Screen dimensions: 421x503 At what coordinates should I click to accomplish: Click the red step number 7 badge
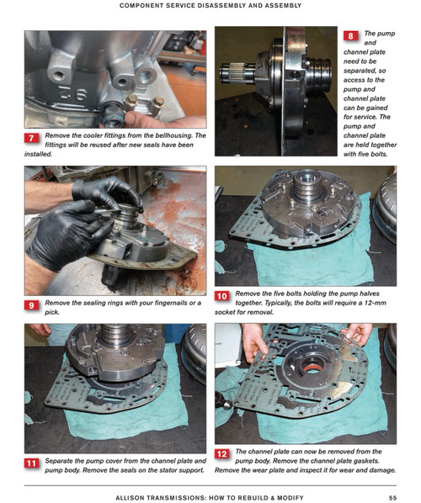(31, 138)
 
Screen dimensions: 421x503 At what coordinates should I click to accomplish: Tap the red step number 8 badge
(350, 36)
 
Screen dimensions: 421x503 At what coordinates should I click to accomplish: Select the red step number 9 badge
(31, 305)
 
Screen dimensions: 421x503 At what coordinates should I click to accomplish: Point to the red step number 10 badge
(222, 296)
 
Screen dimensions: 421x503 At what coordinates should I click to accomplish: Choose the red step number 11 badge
(31, 463)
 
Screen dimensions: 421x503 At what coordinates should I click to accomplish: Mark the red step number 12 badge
(222, 454)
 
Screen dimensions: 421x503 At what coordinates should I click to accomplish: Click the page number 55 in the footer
(392, 498)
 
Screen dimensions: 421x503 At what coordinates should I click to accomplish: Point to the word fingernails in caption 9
(171, 303)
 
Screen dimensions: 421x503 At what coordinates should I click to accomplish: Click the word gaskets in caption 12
(368, 461)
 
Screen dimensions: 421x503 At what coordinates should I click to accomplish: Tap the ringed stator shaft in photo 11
(115, 334)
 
